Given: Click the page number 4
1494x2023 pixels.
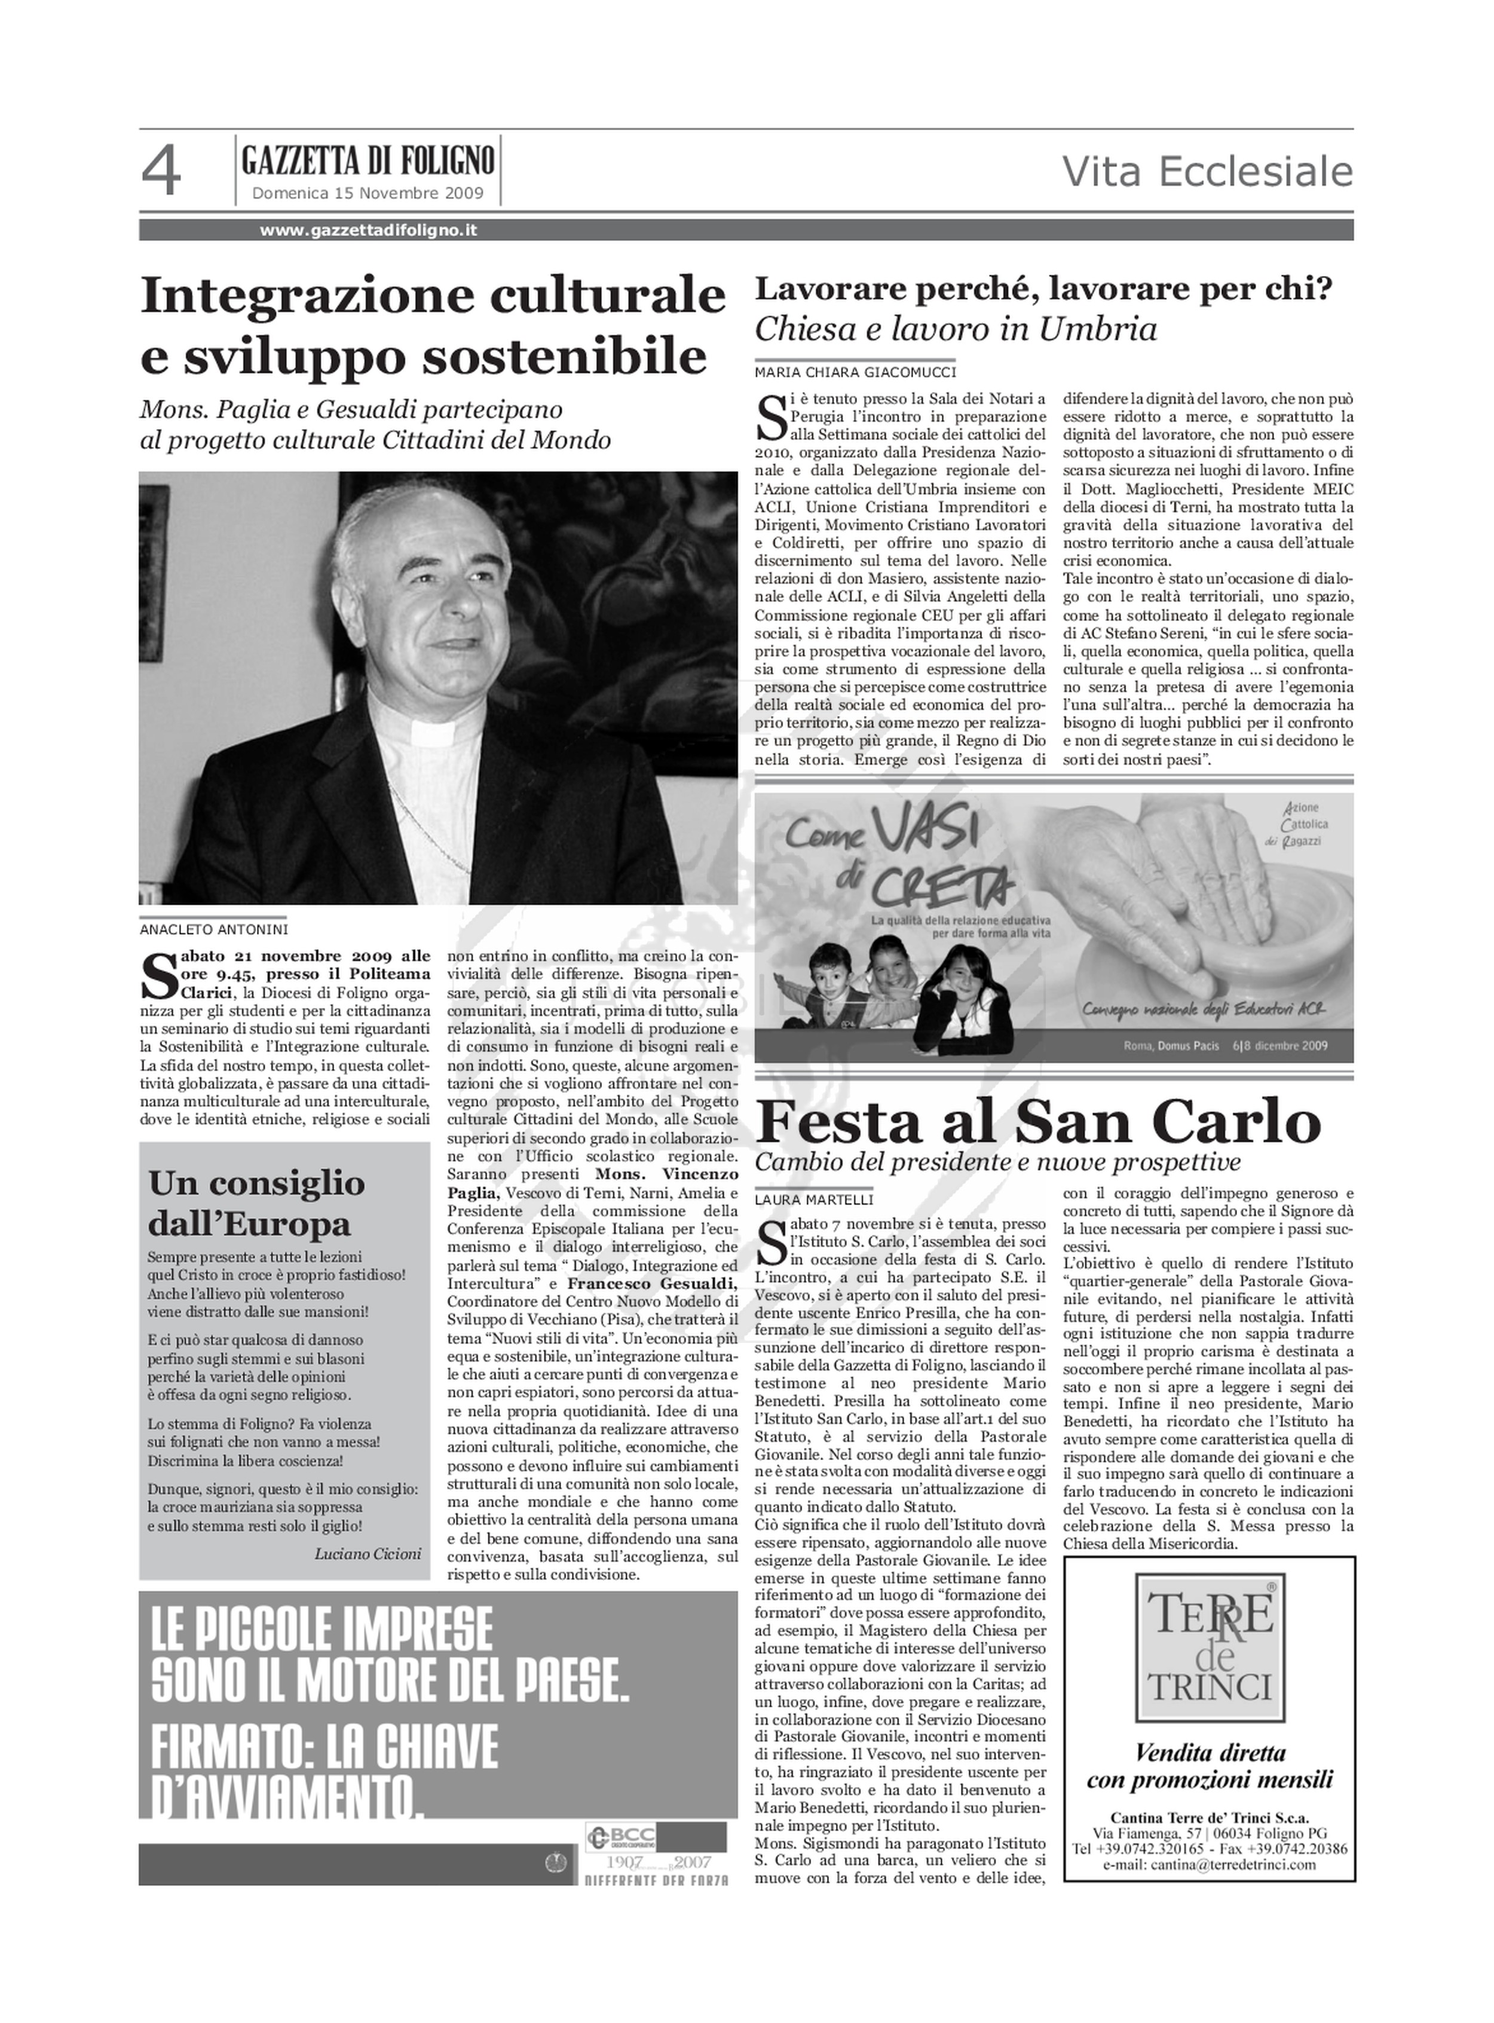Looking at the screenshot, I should [x=161, y=172].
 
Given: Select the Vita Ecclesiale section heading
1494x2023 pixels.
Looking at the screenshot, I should [x=1207, y=172].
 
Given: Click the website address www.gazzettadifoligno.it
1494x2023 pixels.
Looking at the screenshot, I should [x=368, y=231].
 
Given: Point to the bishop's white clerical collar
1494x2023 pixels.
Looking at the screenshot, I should [x=432, y=726].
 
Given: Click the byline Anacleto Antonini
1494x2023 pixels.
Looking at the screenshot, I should [x=215, y=929].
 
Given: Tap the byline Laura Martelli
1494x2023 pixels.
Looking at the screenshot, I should [x=814, y=1200].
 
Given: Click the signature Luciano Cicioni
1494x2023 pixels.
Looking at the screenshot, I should [x=367, y=1554].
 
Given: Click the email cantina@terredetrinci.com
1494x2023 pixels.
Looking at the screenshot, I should [x=1209, y=1864].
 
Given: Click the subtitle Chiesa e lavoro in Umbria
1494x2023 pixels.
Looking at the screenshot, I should [x=955, y=329].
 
